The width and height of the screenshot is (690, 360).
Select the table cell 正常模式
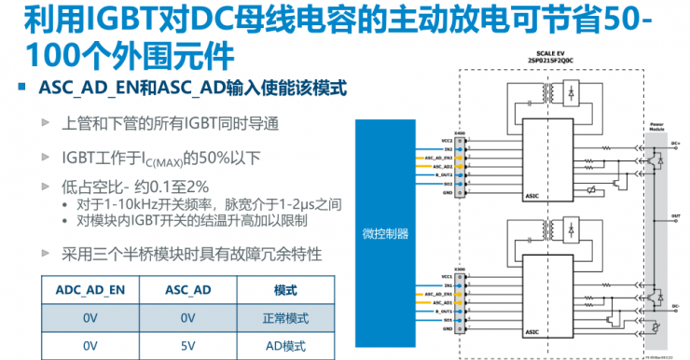pyautogui.click(x=284, y=318)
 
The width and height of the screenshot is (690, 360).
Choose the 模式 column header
pyautogui.click(x=284, y=290)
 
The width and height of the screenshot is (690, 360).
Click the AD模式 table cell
pyautogui.click(x=284, y=346)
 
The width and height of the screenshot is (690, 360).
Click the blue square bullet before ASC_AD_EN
pyautogui.click(x=22, y=88)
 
